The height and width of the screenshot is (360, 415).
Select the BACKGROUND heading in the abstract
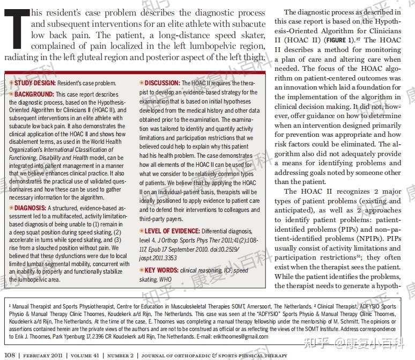coord(34,94)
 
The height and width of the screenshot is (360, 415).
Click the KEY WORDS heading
coord(162,270)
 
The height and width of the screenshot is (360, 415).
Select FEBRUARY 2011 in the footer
coord(45,355)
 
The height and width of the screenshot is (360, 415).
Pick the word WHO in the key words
coord(165,280)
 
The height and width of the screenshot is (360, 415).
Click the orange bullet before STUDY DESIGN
coord(11,83)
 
